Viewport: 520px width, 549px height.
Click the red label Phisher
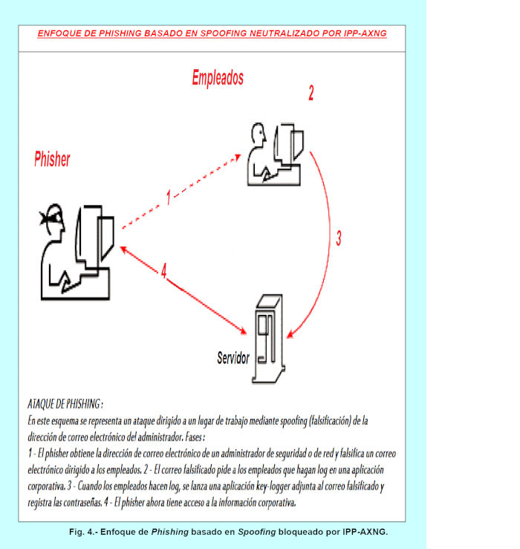52,159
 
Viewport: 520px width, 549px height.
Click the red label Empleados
217,77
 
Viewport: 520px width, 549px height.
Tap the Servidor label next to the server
233,358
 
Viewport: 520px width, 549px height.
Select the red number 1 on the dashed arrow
169,197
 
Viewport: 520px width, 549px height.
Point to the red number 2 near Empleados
311,93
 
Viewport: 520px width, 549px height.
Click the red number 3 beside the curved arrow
338,238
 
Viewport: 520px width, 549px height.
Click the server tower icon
269,338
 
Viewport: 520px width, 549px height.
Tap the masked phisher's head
52,221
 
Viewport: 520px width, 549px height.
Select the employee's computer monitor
290,145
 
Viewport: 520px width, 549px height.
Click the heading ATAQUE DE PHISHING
64,404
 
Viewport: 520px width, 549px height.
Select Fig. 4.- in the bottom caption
82,532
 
